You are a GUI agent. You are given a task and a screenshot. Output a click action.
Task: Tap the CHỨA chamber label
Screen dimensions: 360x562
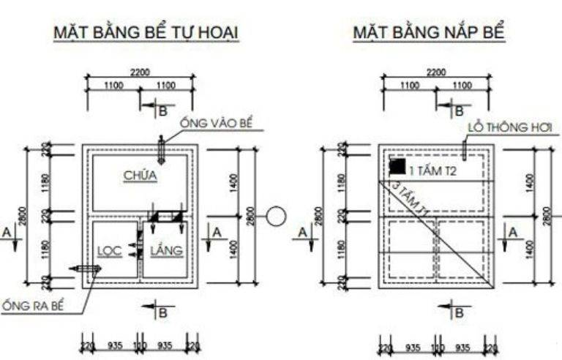click(x=140, y=176)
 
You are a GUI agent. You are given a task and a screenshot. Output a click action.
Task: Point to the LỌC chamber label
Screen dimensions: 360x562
click(x=109, y=251)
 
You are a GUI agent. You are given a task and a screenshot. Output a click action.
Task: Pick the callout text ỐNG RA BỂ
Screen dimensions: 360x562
click(x=32, y=305)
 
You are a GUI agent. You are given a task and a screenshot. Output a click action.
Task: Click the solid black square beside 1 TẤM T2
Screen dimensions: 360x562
click(x=397, y=167)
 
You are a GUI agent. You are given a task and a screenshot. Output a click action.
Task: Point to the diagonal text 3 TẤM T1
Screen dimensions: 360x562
click(x=411, y=199)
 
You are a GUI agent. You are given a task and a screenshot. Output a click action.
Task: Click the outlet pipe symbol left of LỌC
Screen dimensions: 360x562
click(x=86, y=269)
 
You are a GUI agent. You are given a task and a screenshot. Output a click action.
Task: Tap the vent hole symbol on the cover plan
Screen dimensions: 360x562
click(x=464, y=149)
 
